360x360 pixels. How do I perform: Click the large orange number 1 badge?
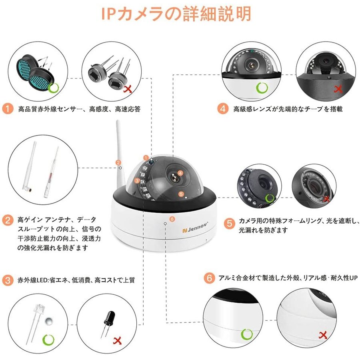8,108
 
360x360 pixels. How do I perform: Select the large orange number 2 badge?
8,220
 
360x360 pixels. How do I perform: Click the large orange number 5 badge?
229,223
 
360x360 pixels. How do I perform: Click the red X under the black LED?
118,341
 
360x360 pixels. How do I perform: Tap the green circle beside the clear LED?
48,340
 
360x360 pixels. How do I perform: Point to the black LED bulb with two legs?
108,320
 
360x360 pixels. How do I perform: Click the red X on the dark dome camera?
338,89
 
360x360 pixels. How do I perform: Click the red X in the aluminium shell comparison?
322,334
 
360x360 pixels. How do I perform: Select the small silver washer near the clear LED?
48,321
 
